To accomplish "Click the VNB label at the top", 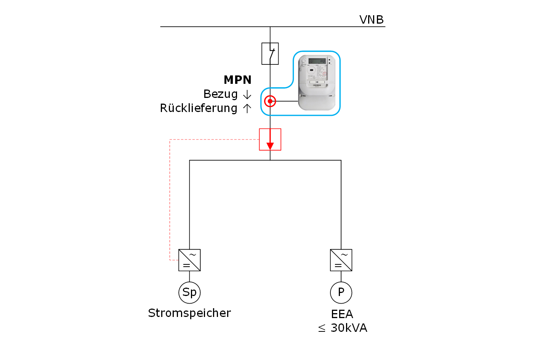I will [x=371, y=20].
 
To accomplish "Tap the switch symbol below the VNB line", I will [x=270, y=53].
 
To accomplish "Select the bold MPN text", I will [x=237, y=80].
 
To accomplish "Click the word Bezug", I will [x=220, y=94].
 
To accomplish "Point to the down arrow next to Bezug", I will [x=247, y=94].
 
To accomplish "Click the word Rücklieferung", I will [x=199, y=108].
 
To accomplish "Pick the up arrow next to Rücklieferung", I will [x=247, y=109].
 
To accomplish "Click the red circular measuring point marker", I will [x=270, y=101].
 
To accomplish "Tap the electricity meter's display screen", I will [x=317, y=61].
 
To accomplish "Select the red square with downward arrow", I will [x=270, y=139].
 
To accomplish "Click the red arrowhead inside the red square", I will [x=270, y=146].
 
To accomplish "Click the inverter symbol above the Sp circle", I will [x=189, y=260].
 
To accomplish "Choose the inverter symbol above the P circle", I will [x=341, y=260].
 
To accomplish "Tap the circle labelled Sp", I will [x=189, y=293].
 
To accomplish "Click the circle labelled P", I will [x=341, y=293].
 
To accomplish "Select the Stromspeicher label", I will [x=189, y=313].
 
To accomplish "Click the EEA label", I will [x=342, y=314].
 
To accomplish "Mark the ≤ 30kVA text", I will [x=343, y=328].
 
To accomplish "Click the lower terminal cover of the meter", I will [x=317, y=102].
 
